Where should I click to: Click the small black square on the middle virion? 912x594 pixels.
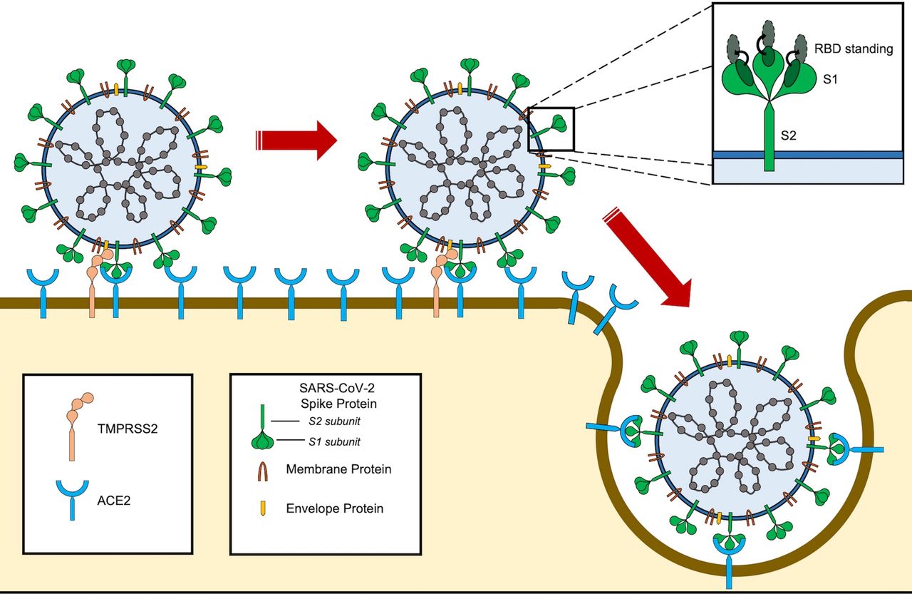coord(551,129)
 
